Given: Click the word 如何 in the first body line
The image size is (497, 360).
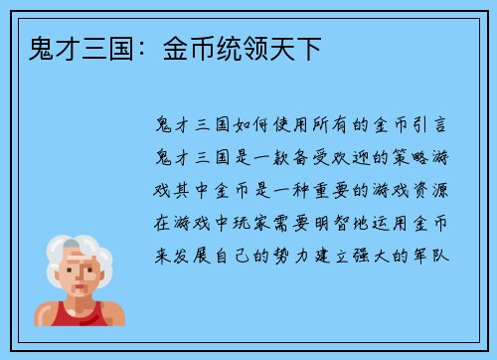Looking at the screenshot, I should coord(240,126).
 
